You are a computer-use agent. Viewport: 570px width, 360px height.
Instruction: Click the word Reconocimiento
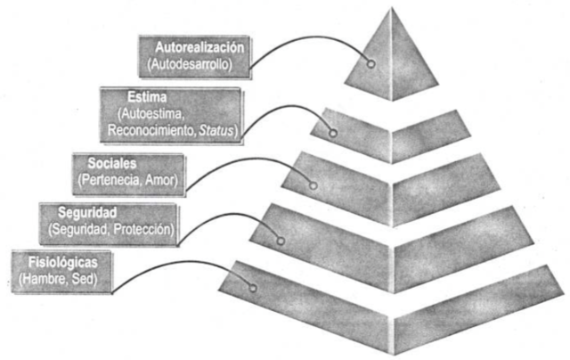pyautogui.click(x=147, y=132)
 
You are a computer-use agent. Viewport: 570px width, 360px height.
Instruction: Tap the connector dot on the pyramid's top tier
pyautogui.click(x=370, y=64)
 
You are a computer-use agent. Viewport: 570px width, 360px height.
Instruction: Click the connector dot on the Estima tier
pyautogui.click(x=333, y=134)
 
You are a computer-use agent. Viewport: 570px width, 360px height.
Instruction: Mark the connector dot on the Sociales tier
pyautogui.click(x=313, y=185)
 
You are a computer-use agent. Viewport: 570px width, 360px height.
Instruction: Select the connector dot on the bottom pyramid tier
pyautogui.click(x=254, y=288)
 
